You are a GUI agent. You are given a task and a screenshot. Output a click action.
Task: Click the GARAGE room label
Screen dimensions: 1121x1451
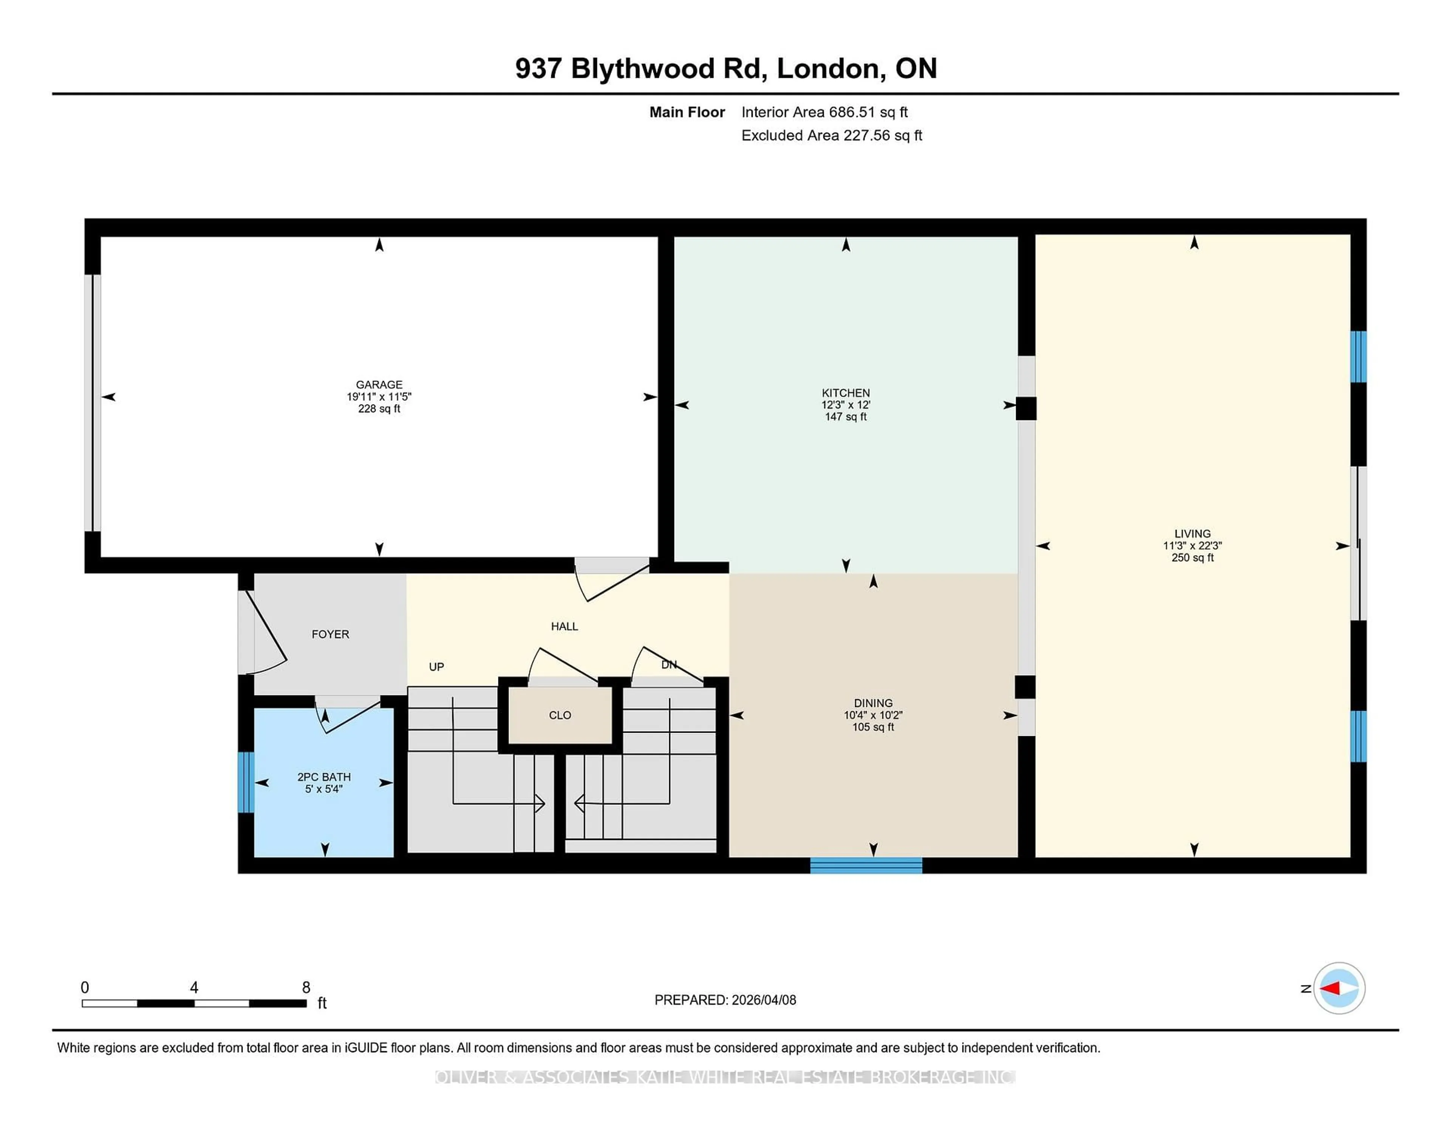pyautogui.click(x=379, y=384)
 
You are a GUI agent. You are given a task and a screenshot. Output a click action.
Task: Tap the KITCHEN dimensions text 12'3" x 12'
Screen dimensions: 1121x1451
pyautogui.click(x=845, y=405)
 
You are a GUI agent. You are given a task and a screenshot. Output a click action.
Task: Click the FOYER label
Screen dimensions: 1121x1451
pyautogui.click(x=330, y=634)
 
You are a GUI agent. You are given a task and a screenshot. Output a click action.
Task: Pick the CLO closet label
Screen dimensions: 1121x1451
pyautogui.click(x=559, y=715)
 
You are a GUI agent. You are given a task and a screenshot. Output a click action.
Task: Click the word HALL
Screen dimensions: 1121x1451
pyautogui.click(x=564, y=626)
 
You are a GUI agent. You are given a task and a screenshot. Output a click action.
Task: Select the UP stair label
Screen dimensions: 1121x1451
pyautogui.click(x=436, y=667)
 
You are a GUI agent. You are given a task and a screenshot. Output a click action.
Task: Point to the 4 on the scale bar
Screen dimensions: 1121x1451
pyautogui.click(x=194, y=988)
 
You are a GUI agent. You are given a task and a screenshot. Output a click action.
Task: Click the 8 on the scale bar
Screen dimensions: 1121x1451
pyautogui.click(x=306, y=988)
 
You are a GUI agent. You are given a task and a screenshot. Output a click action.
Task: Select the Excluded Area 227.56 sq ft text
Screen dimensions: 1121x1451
pyautogui.click(x=831, y=136)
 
